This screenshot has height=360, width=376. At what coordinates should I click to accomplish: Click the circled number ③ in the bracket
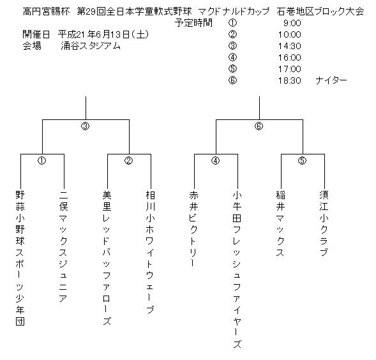[x=86, y=126]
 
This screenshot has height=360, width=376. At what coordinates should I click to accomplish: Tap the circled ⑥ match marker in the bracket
[x=259, y=126]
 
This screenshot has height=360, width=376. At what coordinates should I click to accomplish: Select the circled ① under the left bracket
[x=41, y=160]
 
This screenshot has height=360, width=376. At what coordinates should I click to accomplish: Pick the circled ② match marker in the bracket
[x=129, y=160]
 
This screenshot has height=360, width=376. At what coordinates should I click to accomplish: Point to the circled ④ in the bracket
[x=215, y=160]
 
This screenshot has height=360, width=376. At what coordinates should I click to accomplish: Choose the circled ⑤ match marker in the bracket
[x=302, y=160]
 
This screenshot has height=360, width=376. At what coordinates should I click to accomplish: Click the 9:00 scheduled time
[x=292, y=23]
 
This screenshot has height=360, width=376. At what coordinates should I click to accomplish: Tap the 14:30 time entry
[x=290, y=46]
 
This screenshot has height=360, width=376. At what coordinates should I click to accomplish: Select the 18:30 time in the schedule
[x=290, y=80]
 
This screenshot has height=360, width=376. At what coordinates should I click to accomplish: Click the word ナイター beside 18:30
[x=331, y=80]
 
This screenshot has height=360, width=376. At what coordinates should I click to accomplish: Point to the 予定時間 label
[x=193, y=23]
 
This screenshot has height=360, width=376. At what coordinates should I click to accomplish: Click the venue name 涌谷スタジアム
[x=91, y=46]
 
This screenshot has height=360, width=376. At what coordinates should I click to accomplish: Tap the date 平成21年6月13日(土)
[x=103, y=34]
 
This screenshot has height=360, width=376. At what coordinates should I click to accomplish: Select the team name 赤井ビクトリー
[x=193, y=229]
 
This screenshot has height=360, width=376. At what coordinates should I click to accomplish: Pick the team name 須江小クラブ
[x=324, y=223]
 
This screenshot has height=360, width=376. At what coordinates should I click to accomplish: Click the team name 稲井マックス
[x=280, y=223]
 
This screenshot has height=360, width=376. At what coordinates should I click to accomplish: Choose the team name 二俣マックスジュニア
[x=63, y=246]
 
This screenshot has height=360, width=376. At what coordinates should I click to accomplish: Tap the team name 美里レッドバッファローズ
[x=107, y=258]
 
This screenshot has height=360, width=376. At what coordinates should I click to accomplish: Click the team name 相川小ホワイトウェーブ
[x=150, y=252]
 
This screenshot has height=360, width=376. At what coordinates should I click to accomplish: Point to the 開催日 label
[x=36, y=34]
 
